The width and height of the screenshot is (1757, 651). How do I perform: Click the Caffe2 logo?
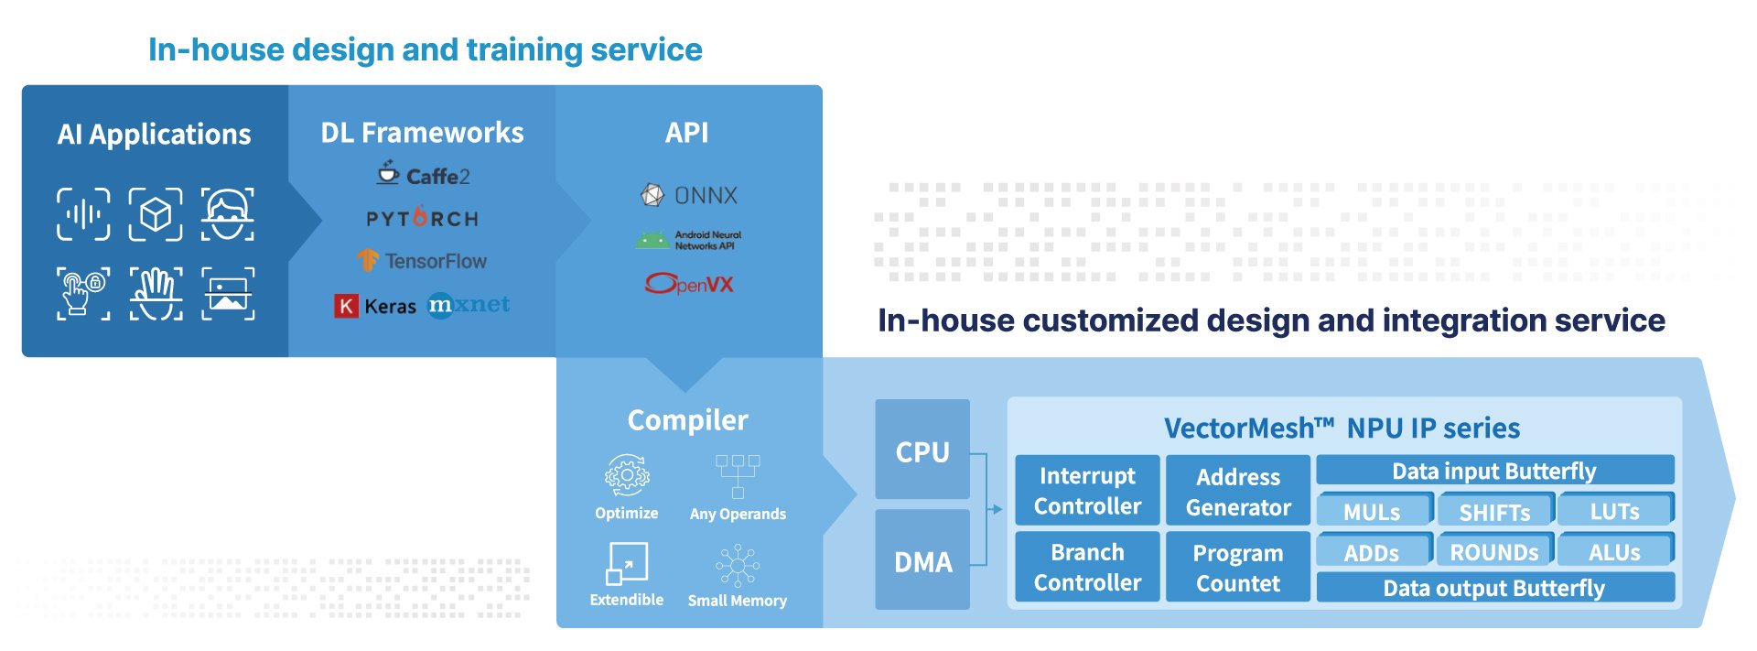click(423, 174)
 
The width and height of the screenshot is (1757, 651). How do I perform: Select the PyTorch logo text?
click(422, 219)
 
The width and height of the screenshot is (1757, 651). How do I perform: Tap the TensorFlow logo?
click(422, 261)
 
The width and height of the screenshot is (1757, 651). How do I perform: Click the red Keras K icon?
click(346, 306)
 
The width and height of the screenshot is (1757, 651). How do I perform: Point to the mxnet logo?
click(469, 304)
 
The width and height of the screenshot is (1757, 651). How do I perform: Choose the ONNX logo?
click(688, 195)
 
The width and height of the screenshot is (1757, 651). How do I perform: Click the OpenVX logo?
click(689, 284)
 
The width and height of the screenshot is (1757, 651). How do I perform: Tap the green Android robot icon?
click(652, 241)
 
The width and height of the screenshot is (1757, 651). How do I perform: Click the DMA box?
click(922, 560)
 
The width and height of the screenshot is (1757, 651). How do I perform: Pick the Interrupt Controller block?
click(1087, 491)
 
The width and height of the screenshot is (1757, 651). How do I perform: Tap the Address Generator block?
click(1238, 492)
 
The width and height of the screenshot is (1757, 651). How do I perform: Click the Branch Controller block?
click(1087, 568)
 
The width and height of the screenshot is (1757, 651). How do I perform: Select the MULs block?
click(1373, 511)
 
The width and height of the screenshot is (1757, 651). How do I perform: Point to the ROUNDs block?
click(1493, 551)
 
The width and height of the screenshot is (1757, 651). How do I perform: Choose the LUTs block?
click(1615, 511)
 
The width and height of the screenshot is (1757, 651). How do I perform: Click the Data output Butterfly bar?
click(1494, 588)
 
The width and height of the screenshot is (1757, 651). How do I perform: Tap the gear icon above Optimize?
click(627, 476)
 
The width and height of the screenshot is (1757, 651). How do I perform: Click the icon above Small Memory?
click(738, 566)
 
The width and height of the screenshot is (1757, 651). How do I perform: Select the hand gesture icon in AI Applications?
click(156, 293)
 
